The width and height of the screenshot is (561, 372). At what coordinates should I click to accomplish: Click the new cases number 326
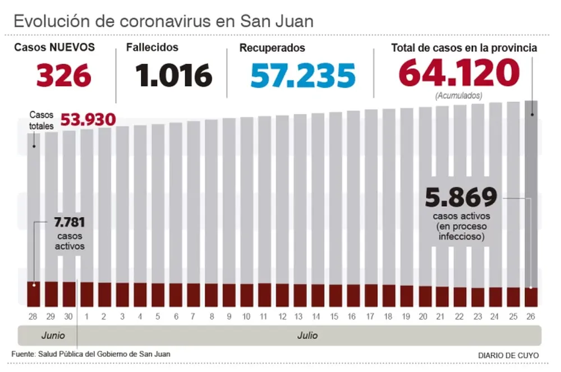point(64,76)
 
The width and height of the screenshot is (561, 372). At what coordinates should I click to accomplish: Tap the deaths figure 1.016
point(173,76)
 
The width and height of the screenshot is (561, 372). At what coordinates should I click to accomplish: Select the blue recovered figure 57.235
point(303,76)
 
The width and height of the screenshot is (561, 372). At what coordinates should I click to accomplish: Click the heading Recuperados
point(272,48)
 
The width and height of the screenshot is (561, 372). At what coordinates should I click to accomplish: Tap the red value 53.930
point(88,120)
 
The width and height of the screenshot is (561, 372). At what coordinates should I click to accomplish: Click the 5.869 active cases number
point(461,198)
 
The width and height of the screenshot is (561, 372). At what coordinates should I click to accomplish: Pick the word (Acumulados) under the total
point(458,96)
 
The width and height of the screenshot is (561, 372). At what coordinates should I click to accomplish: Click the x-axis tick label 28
point(33,316)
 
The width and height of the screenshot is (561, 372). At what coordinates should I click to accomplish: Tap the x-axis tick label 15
point(334,316)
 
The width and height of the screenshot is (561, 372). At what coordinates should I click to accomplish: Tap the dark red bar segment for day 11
point(264,295)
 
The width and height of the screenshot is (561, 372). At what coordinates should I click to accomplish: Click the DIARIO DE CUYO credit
point(508,355)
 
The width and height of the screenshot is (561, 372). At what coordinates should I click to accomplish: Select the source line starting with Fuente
point(90,353)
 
